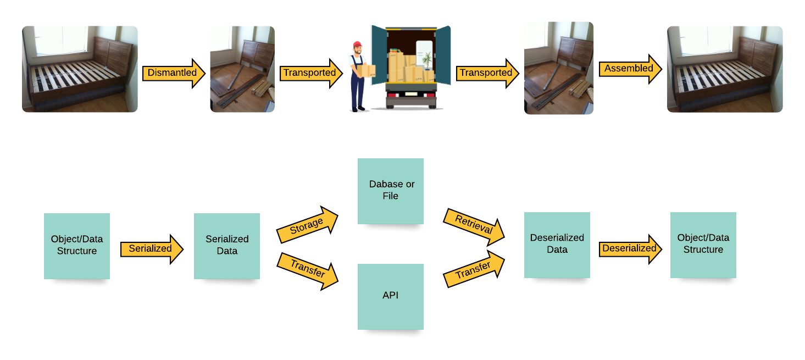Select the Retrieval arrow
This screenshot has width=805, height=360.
point(474,225)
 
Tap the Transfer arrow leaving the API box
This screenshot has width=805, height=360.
point(474,269)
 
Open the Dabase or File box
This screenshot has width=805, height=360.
point(391,191)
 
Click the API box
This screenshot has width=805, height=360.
point(391,296)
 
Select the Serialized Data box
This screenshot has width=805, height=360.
point(227,246)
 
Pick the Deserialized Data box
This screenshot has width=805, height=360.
point(557,245)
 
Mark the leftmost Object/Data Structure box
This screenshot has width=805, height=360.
point(77,246)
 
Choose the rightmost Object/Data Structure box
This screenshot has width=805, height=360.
point(703,245)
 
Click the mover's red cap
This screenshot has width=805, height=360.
point(357,45)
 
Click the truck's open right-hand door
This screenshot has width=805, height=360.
point(443,55)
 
